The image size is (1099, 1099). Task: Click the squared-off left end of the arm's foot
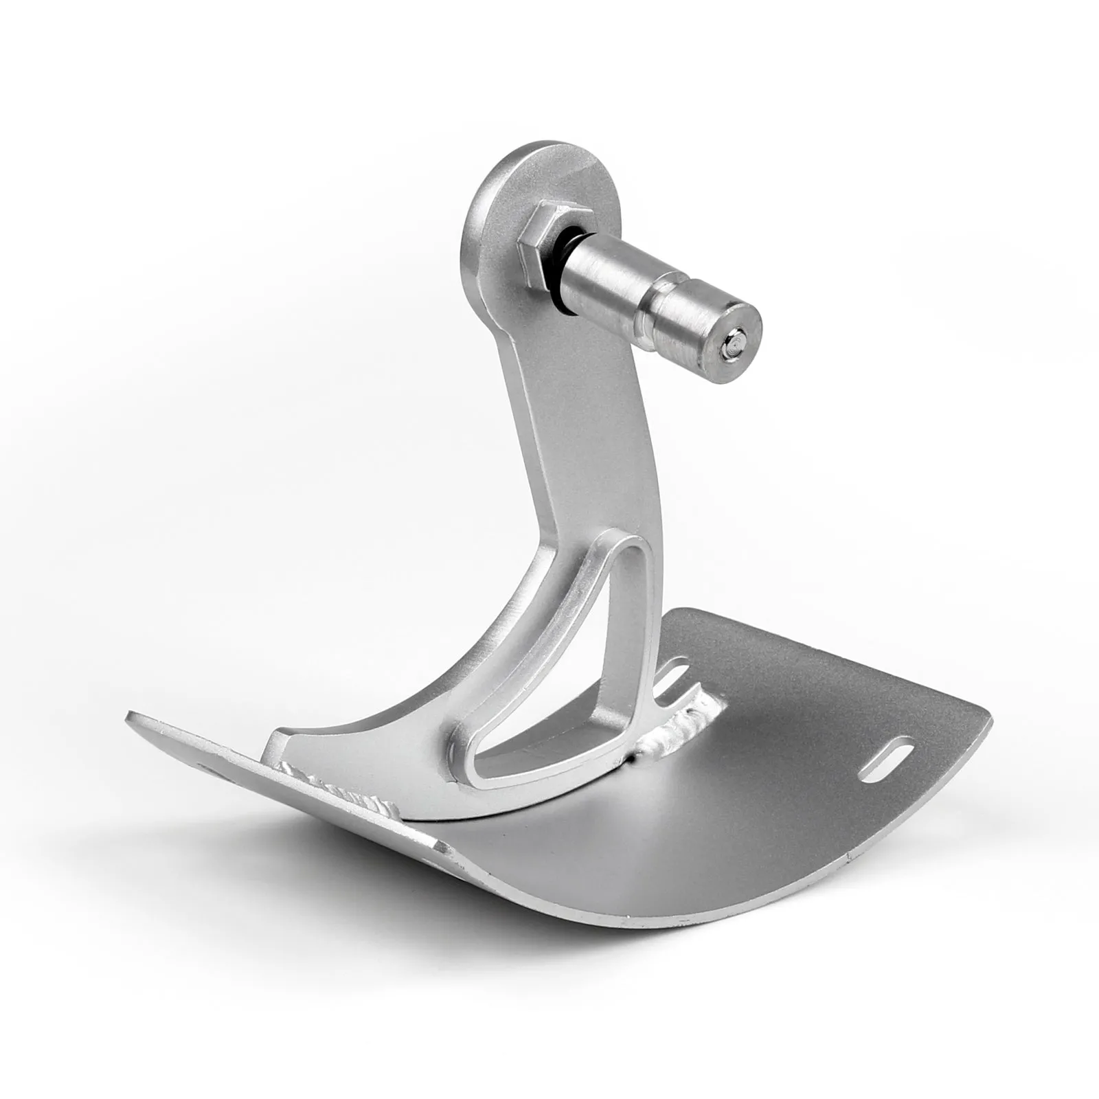[278, 745]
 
